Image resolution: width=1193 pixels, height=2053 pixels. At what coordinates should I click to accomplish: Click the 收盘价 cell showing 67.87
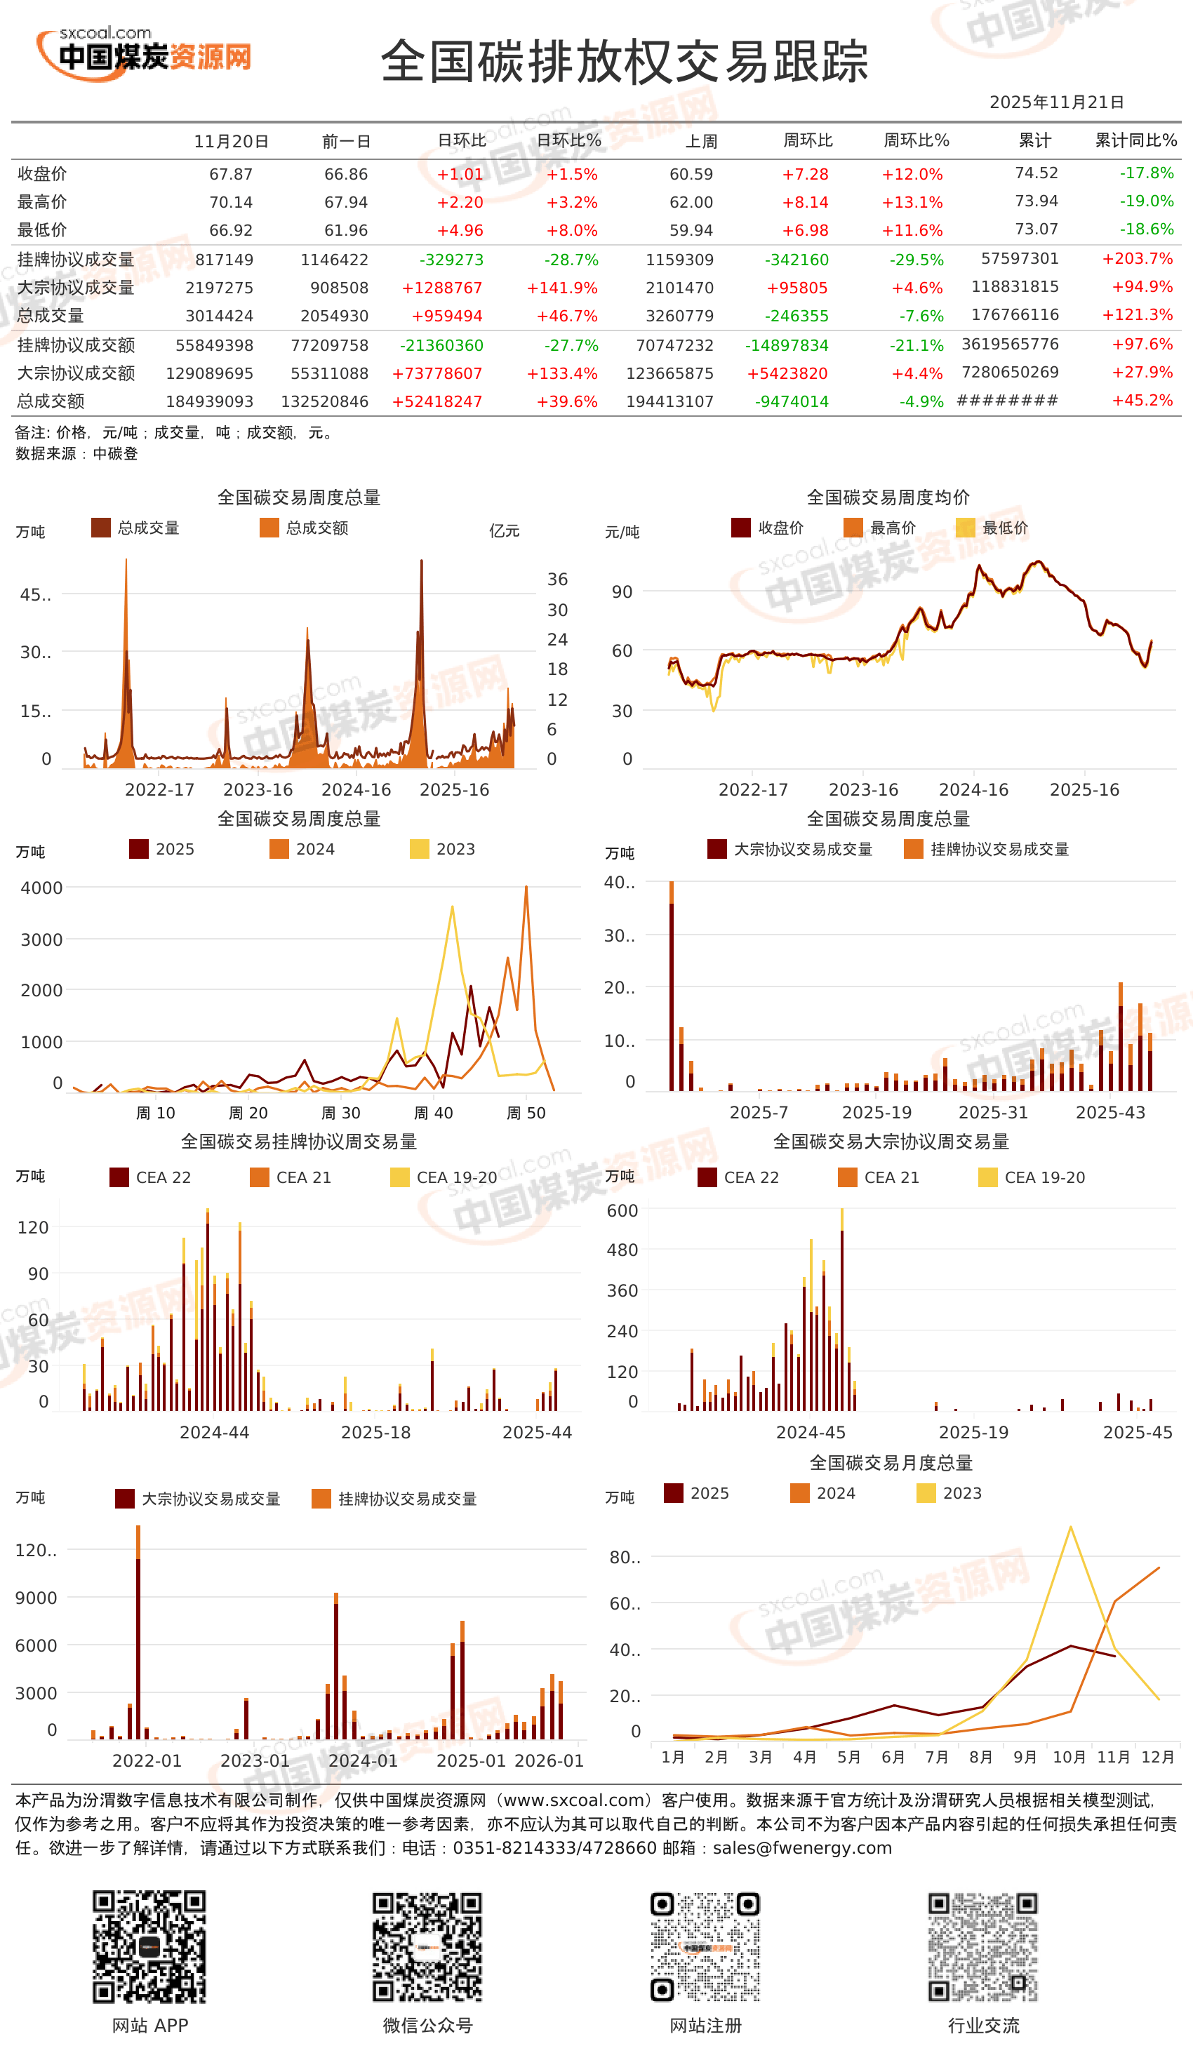tap(231, 174)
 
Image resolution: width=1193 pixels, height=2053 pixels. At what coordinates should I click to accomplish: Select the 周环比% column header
tap(916, 141)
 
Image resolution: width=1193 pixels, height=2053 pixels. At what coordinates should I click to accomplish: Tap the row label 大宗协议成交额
tap(76, 373)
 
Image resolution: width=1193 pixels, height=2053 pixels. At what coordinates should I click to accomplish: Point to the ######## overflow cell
tap(1007, 401)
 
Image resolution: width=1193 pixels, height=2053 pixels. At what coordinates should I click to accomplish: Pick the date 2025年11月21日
tap(1056, 102)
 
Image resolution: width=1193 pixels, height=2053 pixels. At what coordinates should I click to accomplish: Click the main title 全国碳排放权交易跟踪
tap(624, 62)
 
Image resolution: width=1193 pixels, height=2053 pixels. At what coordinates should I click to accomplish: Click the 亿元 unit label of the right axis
tap(504, 531)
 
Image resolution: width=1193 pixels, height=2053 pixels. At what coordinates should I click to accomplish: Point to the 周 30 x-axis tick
tap(340, 1113)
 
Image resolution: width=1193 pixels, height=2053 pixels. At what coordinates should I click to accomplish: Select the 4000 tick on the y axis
tap(41, 888)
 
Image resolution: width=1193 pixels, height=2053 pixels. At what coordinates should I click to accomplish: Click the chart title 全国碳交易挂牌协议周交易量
tap(298, 1142)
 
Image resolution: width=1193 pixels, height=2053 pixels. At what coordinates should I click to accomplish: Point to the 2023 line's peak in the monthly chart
tap(1070, 1527)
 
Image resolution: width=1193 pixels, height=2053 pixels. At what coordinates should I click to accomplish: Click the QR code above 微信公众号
tap(427, 1947)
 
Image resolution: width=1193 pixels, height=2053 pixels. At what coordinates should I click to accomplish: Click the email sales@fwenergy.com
tap(802, 1847)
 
